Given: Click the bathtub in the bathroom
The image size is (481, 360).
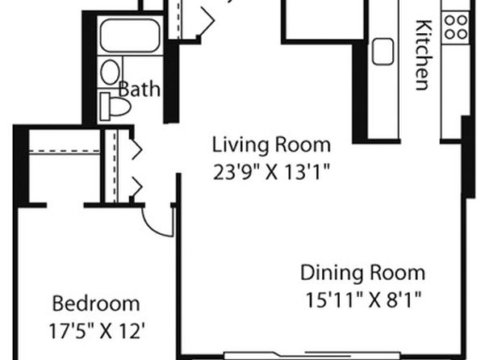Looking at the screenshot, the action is click(130, 36).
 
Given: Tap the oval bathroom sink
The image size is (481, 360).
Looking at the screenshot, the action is click(110, 73).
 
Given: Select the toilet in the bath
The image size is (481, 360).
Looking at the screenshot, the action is click(115, 107).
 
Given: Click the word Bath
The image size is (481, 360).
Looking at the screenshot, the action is click(140, 90).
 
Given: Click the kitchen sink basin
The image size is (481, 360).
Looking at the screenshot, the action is click(383, 52).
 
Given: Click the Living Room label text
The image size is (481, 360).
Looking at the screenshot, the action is click(271, 144).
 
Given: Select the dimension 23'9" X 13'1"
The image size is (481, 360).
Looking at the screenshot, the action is click(271, 172).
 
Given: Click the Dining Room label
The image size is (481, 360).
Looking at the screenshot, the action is click(363, 273).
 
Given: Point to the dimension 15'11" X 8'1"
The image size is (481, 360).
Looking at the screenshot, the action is click(363, 299).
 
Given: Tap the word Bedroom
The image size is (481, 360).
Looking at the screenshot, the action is click(96, 303).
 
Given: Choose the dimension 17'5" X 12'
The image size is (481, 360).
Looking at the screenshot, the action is click(96, 331).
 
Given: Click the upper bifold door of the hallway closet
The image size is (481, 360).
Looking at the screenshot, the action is click(137, 149).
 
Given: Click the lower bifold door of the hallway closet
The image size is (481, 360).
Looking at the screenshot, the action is click(137, 186).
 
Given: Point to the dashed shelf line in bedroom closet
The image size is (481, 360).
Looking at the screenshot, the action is click(65, 151).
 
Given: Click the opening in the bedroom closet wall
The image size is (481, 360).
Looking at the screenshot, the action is click(65, 205).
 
